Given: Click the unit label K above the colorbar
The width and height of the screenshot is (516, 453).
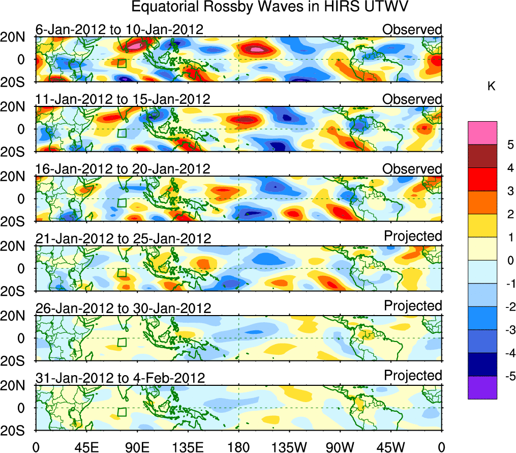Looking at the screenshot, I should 492,87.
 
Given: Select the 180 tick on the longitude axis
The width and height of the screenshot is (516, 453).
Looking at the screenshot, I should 238,447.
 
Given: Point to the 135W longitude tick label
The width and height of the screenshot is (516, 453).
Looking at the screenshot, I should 289,447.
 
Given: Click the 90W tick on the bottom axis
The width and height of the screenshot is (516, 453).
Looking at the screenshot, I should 340,447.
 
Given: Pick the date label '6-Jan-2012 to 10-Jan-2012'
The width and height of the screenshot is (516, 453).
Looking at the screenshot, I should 119,30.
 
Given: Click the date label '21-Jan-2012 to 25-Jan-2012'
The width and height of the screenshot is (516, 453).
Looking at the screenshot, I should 123,239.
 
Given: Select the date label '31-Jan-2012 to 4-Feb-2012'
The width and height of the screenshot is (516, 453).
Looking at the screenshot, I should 120,378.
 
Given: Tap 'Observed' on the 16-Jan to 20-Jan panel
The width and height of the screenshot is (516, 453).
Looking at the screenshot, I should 412,169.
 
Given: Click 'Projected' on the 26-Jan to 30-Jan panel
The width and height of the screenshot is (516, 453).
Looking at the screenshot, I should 413,306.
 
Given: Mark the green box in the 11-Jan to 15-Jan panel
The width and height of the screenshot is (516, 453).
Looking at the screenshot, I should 122,133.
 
